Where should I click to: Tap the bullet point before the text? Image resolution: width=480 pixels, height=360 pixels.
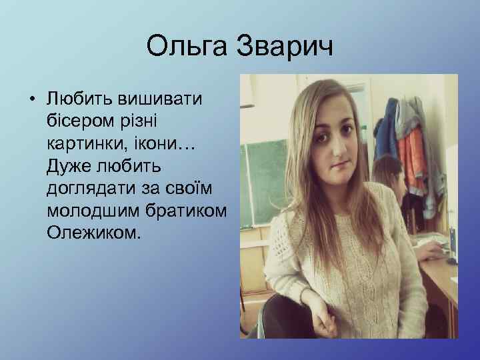(31, 101)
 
